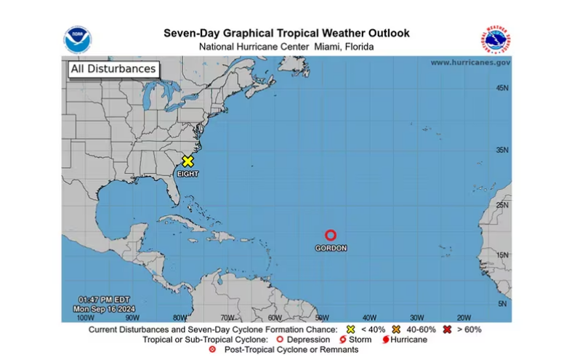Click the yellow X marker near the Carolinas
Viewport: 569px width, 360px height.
(x=187, y=161)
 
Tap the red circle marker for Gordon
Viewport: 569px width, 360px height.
(x=331, y=235)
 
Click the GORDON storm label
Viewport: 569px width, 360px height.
(x=331, y=248)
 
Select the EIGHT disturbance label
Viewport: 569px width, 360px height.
(x=187, y=174)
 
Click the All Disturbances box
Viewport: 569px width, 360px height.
(x=113, y=69)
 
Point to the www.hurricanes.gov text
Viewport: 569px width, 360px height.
(x=470, y=63)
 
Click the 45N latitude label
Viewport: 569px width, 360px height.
(x=501, y=88)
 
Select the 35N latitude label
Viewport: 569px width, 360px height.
(x=501, y=151)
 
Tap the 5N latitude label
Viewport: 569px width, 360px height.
(x=501, y=304)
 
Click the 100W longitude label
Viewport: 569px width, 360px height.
(x=85, y=317)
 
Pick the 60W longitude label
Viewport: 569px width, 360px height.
(x=275, y=317)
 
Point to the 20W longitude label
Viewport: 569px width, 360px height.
(x=464, y=317)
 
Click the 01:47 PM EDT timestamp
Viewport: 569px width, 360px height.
(x=106, y=300)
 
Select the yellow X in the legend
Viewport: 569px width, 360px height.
(x=351, y=329)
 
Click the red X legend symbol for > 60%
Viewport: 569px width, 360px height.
(x=447, y=329)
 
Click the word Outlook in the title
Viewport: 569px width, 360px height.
(x=383, y=33)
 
